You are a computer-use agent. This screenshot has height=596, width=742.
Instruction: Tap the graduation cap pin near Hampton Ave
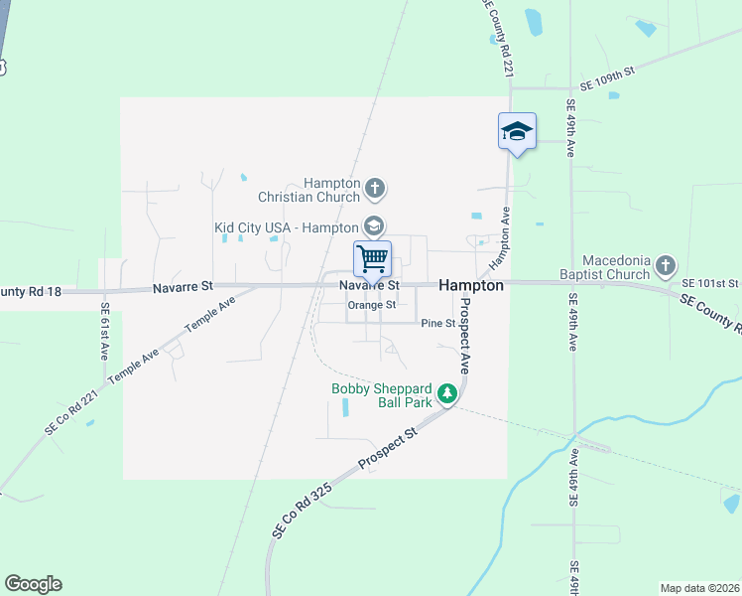pyautogui.click(x=517, y=131)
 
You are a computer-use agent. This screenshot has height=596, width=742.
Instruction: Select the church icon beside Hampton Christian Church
pyautogui.click(x=375, y=187)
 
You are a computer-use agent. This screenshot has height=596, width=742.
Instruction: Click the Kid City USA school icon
pyautogui.click(x=373, y=226)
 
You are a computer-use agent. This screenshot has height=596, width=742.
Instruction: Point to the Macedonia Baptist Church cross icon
pyautogui.click(x=665, y=266)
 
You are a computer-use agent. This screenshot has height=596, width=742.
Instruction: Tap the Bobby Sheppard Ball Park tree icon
pyautogui.click(x=447, y=394)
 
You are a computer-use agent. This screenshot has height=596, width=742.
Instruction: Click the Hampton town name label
pyautogui.click(x=471, y=285)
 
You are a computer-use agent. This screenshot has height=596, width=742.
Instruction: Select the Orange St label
pyautogui.click(x=372, y=305)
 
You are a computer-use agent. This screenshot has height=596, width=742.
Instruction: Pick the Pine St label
pyautogui.click(x=436, y=324)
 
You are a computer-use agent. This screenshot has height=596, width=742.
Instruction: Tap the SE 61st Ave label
pyautogui.click(x=104, y=329)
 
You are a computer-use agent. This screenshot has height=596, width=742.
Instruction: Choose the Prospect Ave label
pyautogui.click(x=463, y=347)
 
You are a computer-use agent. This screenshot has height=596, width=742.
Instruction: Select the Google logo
pyautogui.click(x=33, y=584)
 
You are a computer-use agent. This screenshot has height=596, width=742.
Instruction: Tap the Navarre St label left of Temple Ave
pyautogui.click(x=183, y=286)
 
